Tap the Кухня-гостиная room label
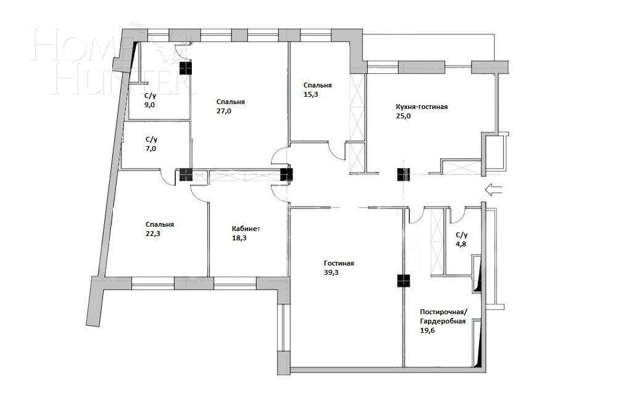click(x=421, y=107)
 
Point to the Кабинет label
click(x=246, y=228)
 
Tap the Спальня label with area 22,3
click(x=160, y=225)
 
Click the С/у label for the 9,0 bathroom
click(x=150, y=96)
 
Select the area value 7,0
click(x=150, y=148)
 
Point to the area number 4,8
click(x=461, y=243)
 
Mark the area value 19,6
click(x=427, y=330)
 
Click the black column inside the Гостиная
click(x=404, y=281)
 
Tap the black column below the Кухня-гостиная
click(x=404, y=175)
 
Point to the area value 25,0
click(x=403, y=116)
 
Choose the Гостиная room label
click(x=339, y=263)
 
